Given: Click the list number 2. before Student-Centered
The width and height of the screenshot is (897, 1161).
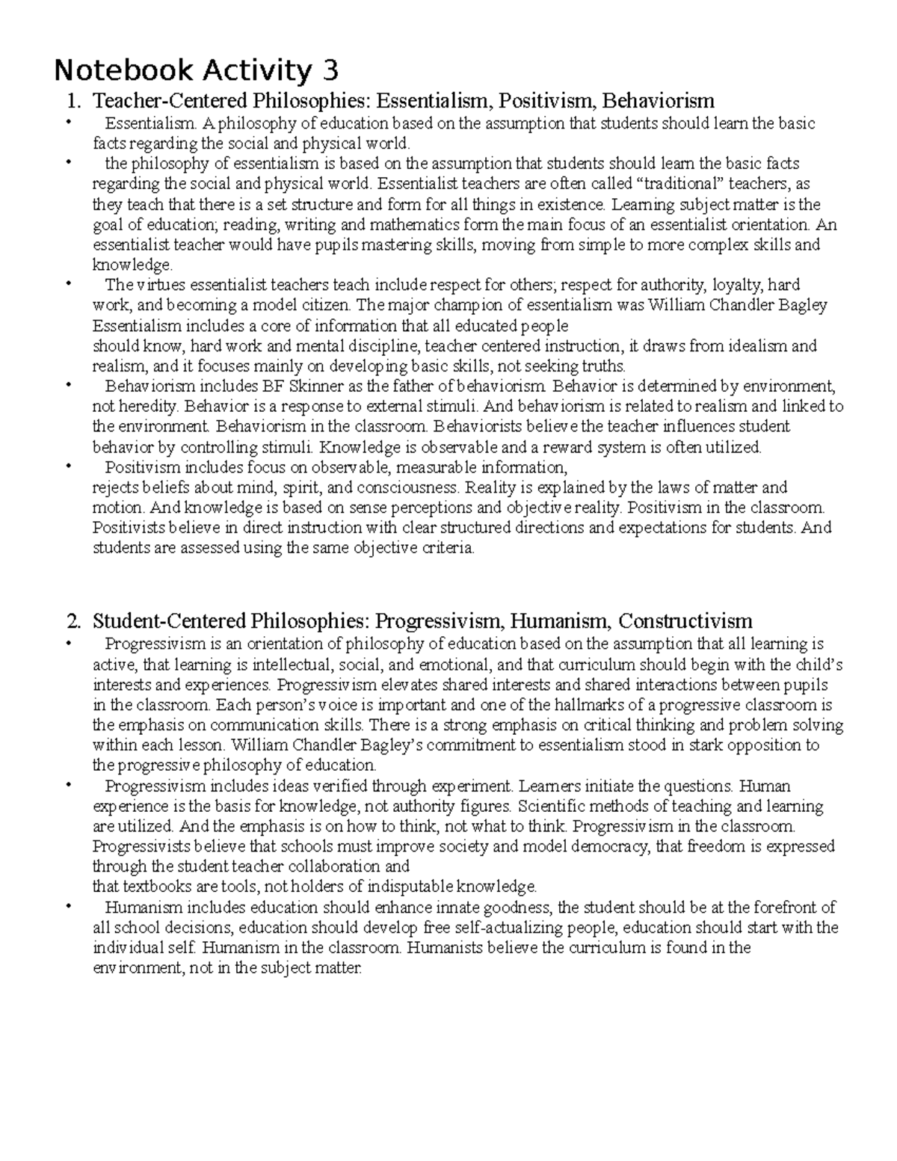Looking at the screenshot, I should [x=73, y=620].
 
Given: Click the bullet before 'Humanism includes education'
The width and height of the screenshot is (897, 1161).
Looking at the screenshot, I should [x=68, y=907].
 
